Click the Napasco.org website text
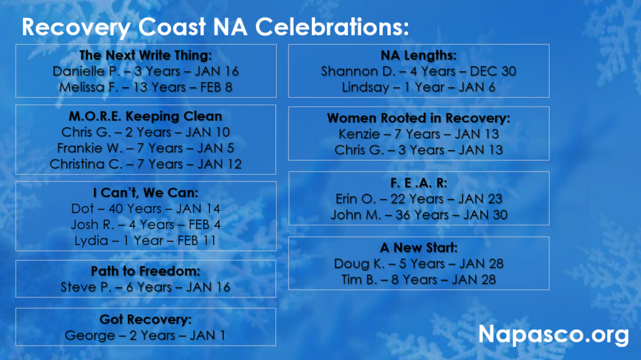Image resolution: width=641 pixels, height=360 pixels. [553, 334]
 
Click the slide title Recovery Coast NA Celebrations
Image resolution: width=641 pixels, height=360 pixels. [215, 27]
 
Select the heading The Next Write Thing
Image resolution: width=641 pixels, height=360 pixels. [145, 55]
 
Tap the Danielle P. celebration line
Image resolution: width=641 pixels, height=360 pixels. [145, 71]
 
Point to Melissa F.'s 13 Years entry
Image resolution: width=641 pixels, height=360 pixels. [145, 87]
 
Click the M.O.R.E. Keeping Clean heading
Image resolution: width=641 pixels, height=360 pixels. [145, 116]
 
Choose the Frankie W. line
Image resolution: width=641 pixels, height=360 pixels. [145, 148]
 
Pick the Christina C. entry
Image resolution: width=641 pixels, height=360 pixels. [145, 164]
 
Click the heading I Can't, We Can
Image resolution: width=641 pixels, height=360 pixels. [145, 193]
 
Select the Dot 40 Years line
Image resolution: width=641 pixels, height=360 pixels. [145, 208]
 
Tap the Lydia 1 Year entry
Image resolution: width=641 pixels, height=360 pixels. [145, 240]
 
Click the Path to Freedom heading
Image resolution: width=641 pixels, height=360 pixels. [145, 271]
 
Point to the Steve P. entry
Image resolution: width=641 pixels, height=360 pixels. [145, 287]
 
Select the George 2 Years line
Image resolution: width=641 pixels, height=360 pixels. [145, 336]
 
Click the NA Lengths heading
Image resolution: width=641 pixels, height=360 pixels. [419, 55]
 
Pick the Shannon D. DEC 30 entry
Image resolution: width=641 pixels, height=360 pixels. [419, 71]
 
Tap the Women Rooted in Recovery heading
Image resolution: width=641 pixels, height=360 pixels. [419, 118]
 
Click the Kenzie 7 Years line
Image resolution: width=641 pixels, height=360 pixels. [419, 134]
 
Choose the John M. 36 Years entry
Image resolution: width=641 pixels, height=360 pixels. [419, 215]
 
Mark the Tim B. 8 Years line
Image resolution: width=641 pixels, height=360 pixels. [419, 280]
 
